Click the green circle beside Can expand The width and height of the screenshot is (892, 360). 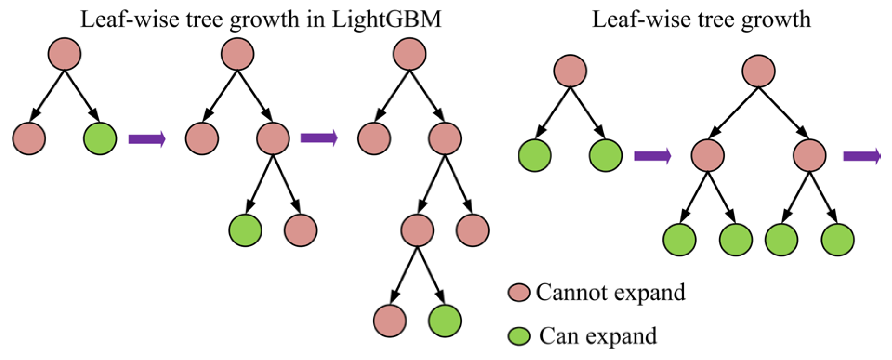518,336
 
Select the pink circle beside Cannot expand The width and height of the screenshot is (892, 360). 518,293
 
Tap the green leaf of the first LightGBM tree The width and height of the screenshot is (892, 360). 100,138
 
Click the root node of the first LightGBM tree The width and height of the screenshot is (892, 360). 65,54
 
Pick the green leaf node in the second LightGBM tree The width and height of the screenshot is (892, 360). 245,230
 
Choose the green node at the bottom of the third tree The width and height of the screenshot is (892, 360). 445,321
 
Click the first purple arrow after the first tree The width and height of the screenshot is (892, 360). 146,138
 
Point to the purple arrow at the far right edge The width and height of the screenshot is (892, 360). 861,156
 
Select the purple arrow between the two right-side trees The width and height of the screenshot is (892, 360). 652,156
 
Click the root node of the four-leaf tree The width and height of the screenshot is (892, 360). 759,71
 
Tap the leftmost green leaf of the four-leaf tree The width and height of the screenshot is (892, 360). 679,240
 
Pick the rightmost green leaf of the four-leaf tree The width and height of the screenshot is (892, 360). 838,240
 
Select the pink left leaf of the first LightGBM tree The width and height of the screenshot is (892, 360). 29,138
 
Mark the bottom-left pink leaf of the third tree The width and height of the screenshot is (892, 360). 390,321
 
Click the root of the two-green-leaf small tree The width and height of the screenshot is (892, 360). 570,71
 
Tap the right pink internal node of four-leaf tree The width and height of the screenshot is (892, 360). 809,156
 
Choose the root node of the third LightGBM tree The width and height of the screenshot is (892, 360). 409,54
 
